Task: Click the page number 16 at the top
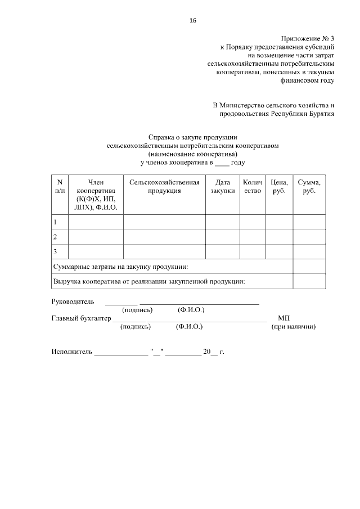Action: (193, 21)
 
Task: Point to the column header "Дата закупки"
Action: (222, 186)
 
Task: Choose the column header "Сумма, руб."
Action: (309, 186)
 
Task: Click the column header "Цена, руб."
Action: (279, 186)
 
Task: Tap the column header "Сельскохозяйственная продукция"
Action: (164, 186)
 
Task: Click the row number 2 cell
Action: (55, 237)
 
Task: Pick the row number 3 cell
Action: (55, 251)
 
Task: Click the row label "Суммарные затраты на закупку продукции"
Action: (120, 266)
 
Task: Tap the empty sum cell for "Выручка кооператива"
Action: (309, 281)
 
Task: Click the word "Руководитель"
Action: (73, 302)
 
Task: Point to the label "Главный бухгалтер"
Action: (81, 318)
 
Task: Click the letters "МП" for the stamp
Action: (283, 318)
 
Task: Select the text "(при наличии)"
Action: (293, 326)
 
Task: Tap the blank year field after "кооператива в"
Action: (222, 163)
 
